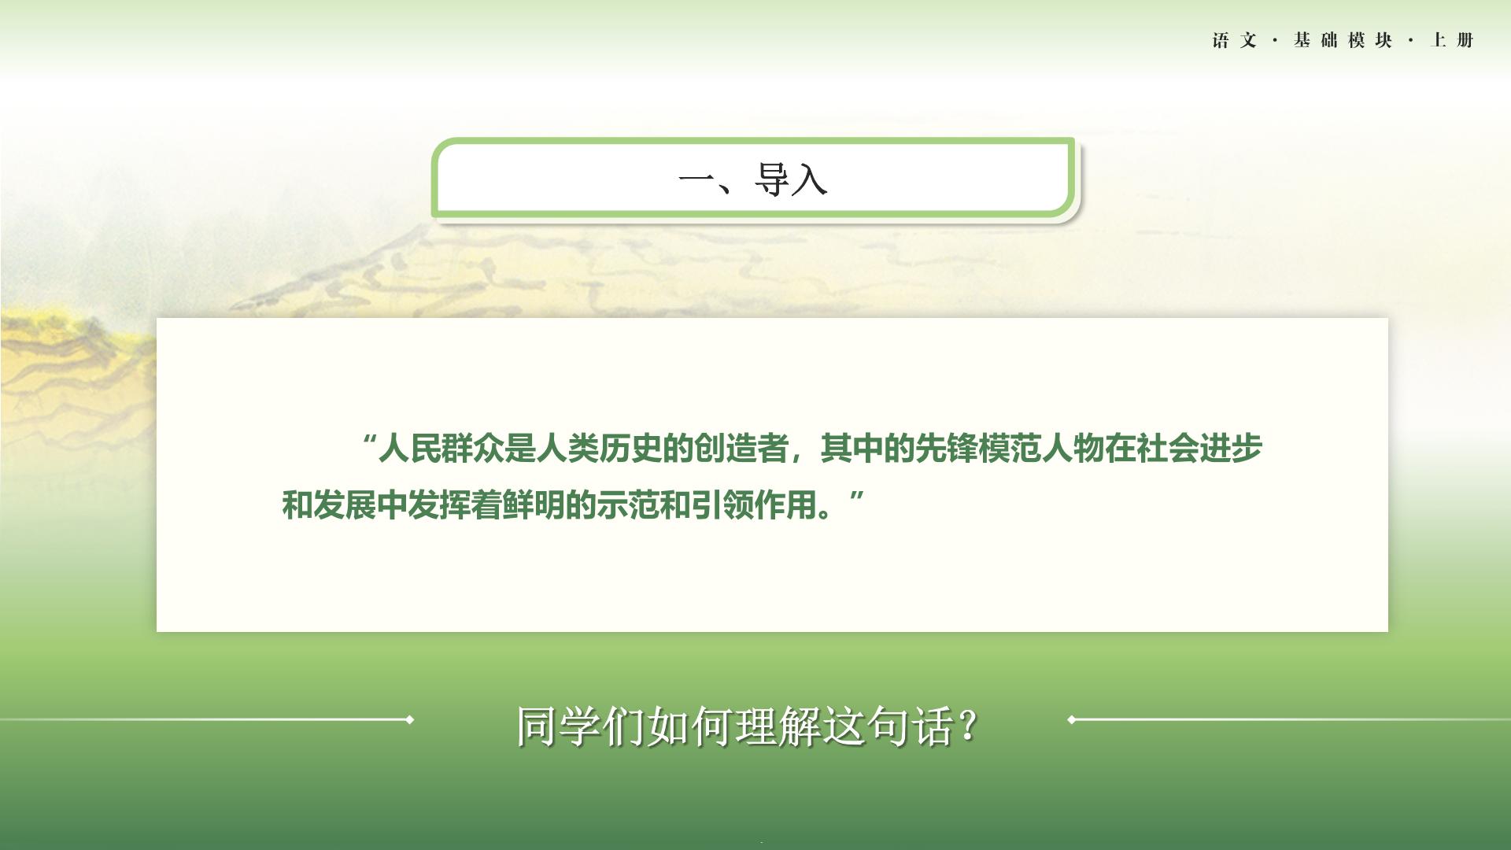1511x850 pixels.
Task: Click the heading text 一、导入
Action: (752, 179)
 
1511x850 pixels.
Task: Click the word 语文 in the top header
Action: (1235, 40)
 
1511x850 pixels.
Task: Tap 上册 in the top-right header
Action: (1452, 40)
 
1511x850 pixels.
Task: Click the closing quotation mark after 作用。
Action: (857, 497)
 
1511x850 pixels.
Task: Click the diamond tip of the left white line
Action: (409, 719)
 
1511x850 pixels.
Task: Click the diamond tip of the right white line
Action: (1072, 719)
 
